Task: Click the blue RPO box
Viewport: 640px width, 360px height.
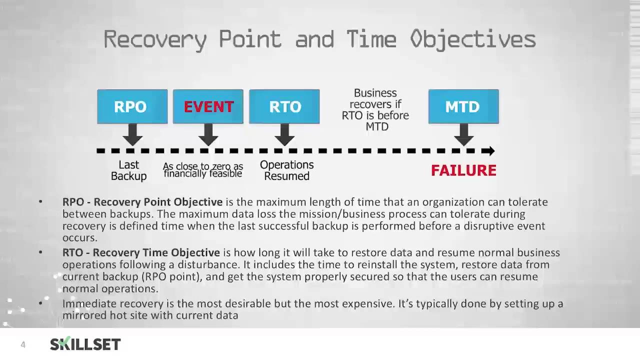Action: pos(132,106)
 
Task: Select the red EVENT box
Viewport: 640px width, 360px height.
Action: pos(208,106)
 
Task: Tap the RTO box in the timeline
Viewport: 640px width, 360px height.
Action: pos(284,106)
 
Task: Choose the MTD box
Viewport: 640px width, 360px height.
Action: pos(463,106)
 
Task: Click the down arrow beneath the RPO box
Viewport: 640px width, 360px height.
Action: pos(132,134)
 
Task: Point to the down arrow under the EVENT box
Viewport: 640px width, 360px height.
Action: pos(208,134)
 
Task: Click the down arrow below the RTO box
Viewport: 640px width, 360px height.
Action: pos(284,134)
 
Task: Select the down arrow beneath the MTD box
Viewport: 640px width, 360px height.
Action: pos(463,134)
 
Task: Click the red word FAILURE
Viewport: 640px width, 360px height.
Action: pos(463,170)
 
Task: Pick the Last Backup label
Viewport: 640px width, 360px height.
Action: pos(128,170)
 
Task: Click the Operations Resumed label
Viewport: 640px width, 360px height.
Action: pos(286,170)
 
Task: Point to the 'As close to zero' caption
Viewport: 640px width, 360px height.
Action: pos(203,170)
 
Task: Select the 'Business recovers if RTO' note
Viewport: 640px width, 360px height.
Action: pos(375,110)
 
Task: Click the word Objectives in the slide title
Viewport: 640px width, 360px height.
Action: pos(472,39)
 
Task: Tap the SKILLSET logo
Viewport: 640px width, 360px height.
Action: pos(85,344)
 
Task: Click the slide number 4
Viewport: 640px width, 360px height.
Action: pos(23,344)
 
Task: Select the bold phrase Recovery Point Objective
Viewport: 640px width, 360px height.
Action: pos(158,202)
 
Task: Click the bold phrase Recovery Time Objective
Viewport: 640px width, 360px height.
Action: pos(156,252)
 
